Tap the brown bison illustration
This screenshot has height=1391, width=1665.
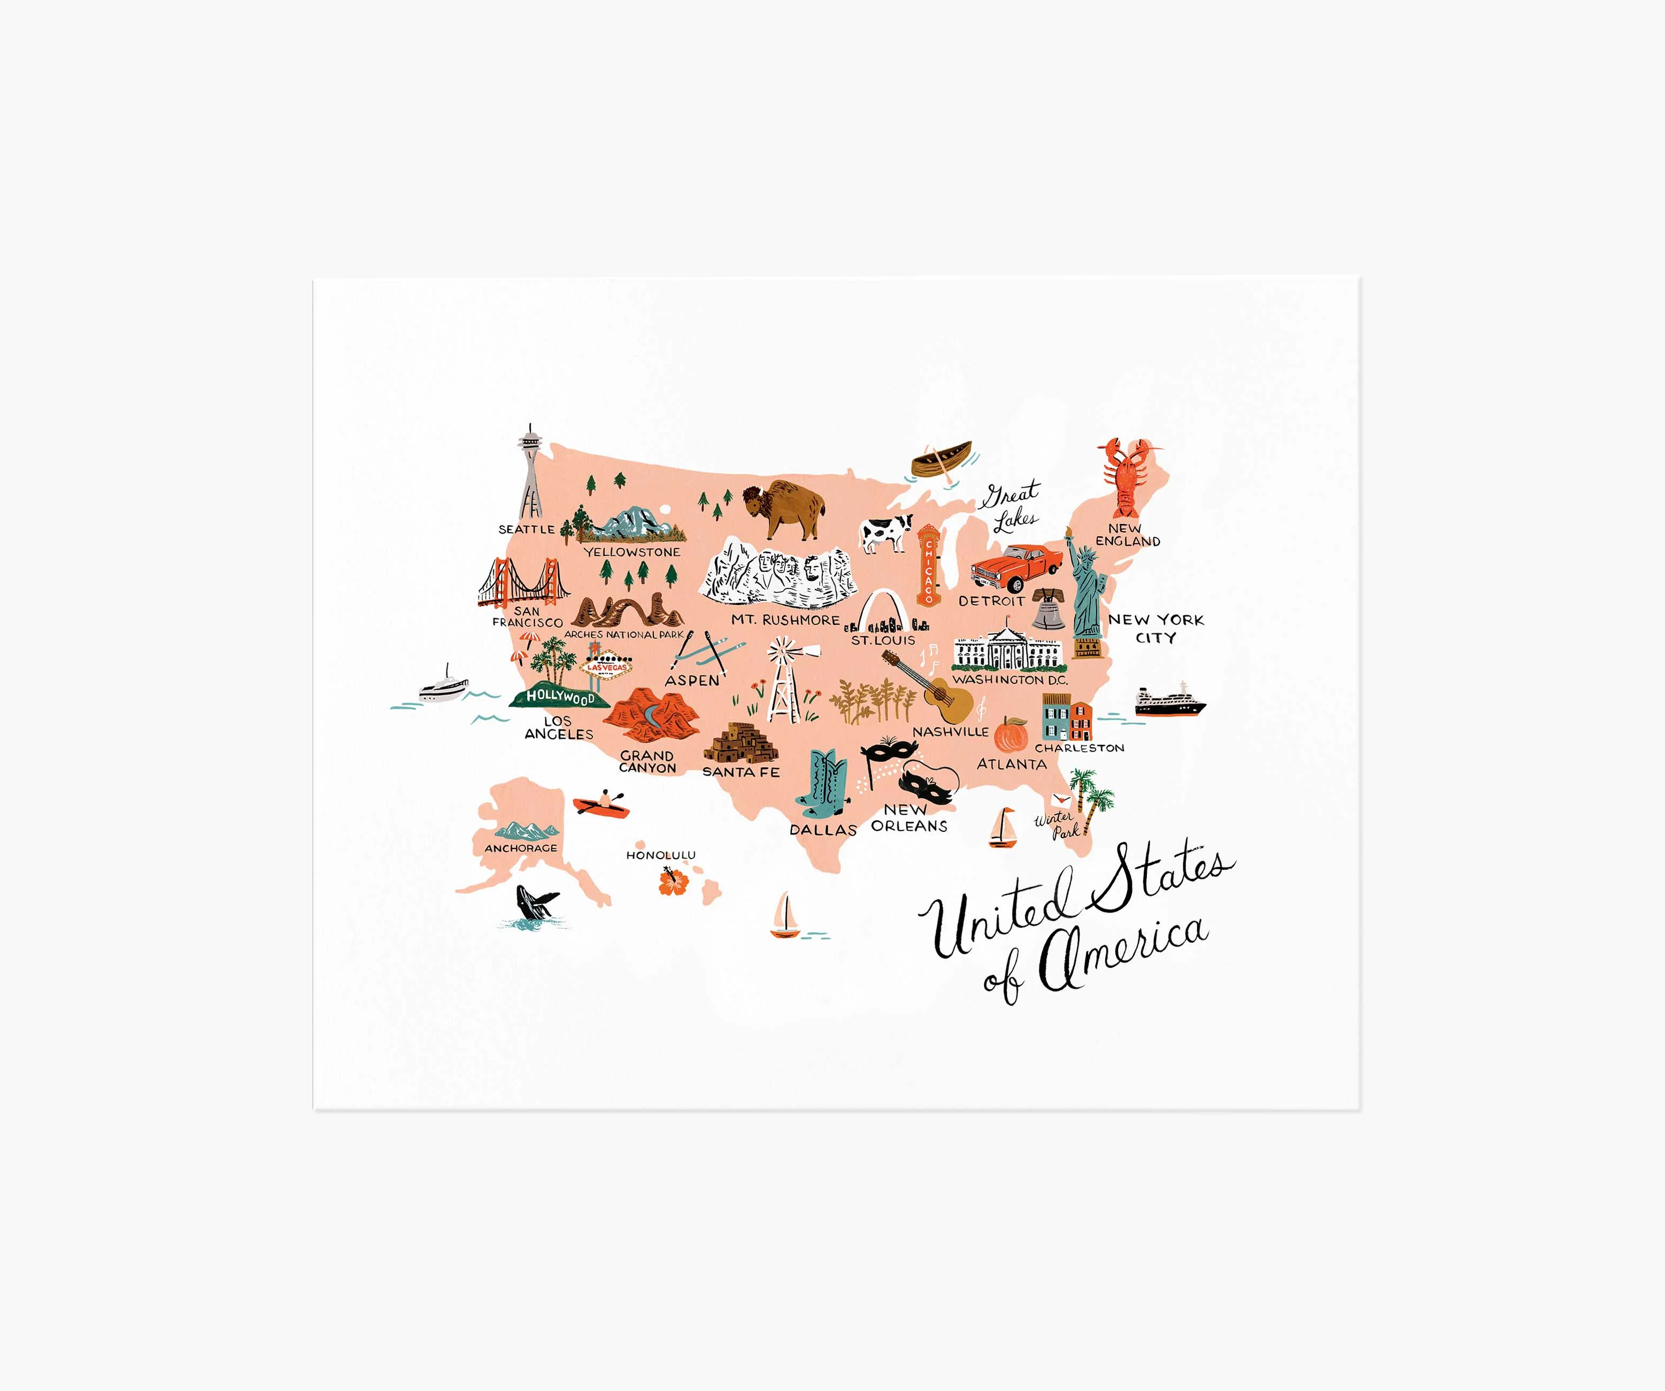click(783, 508)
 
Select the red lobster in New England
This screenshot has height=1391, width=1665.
click(1125, 476)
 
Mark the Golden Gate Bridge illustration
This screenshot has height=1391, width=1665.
click(523, 583)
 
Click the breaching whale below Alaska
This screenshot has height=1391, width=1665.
click(535, 902)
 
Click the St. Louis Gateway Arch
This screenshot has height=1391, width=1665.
click(881, 611)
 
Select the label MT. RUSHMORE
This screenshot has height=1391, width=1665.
click(785, 620)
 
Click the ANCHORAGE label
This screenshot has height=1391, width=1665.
click(521, 848)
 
